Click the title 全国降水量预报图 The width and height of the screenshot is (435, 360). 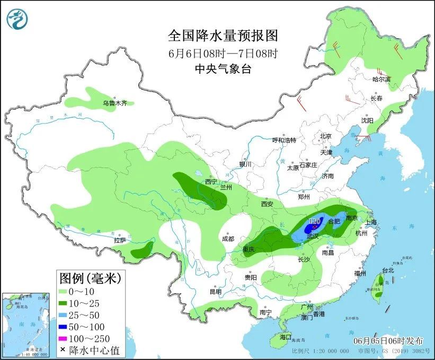(223, 36)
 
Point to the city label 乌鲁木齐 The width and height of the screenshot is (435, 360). (115, 103)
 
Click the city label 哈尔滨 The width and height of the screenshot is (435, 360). (381, 79)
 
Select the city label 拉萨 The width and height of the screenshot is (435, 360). (120, 240)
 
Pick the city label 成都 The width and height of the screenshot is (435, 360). (228, 239)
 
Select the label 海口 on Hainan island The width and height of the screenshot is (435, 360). (285, 337)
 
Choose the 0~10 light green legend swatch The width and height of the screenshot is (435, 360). (66, 292)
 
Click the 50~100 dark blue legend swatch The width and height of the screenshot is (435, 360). (66, 327)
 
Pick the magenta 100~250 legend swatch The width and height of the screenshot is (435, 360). (66, 338)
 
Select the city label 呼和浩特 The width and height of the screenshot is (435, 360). (284, 140)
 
